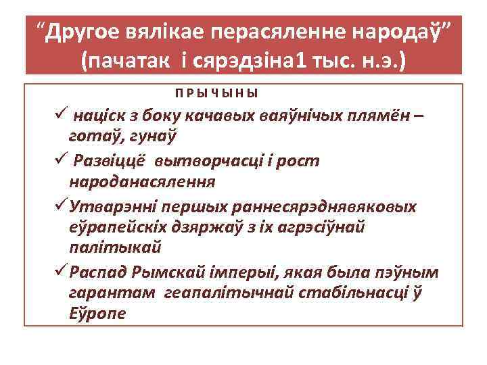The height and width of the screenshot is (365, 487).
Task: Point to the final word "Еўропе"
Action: pyautogui.click(x=97, y=315)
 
